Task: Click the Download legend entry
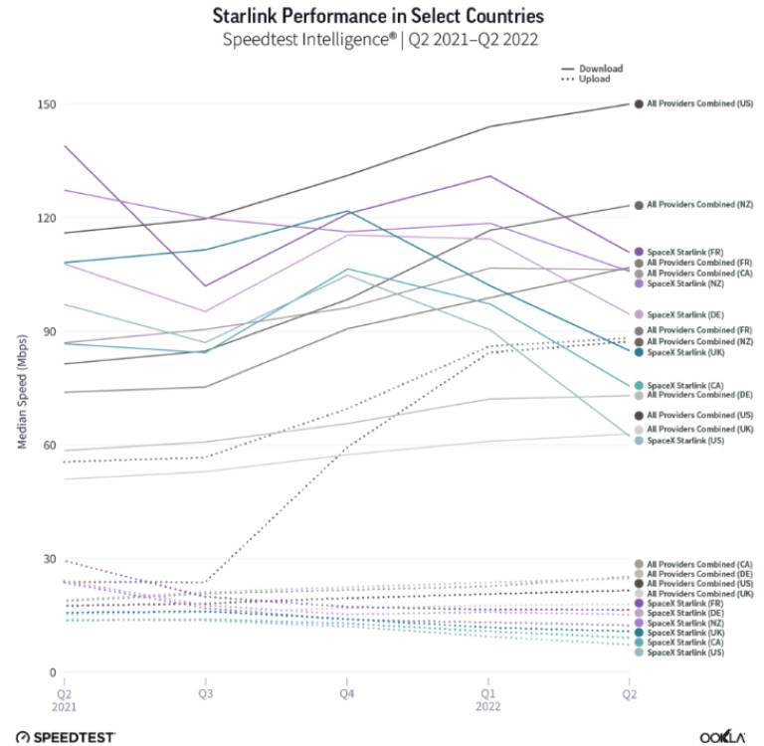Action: click(x=602, y=69)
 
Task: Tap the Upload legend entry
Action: click(x=597, y=79)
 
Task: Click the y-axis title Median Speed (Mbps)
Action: click(x=21, y=389)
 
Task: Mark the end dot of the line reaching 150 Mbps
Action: click(x=639, y=103)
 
